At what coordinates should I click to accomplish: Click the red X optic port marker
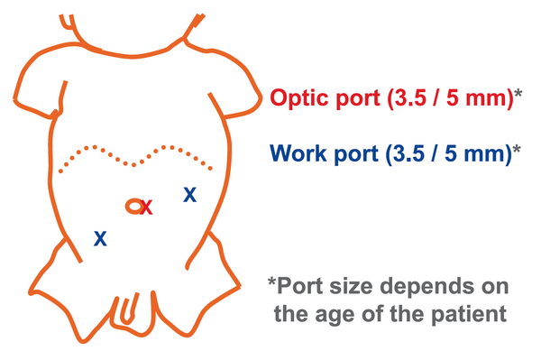[x=146, y=208]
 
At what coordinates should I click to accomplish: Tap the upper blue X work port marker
[x=189, y=194]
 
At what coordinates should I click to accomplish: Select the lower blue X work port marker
[x=100, y=238]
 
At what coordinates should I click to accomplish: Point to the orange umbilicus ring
[x=133, y=206]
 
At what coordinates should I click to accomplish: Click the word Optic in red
[x=299, y=98]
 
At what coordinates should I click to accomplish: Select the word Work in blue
[x=298, y=153]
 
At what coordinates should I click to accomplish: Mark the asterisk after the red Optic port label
[x=518, y=94]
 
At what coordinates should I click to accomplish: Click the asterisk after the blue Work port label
[x=516, y=149]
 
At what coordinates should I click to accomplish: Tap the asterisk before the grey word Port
[x=272, y=282]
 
